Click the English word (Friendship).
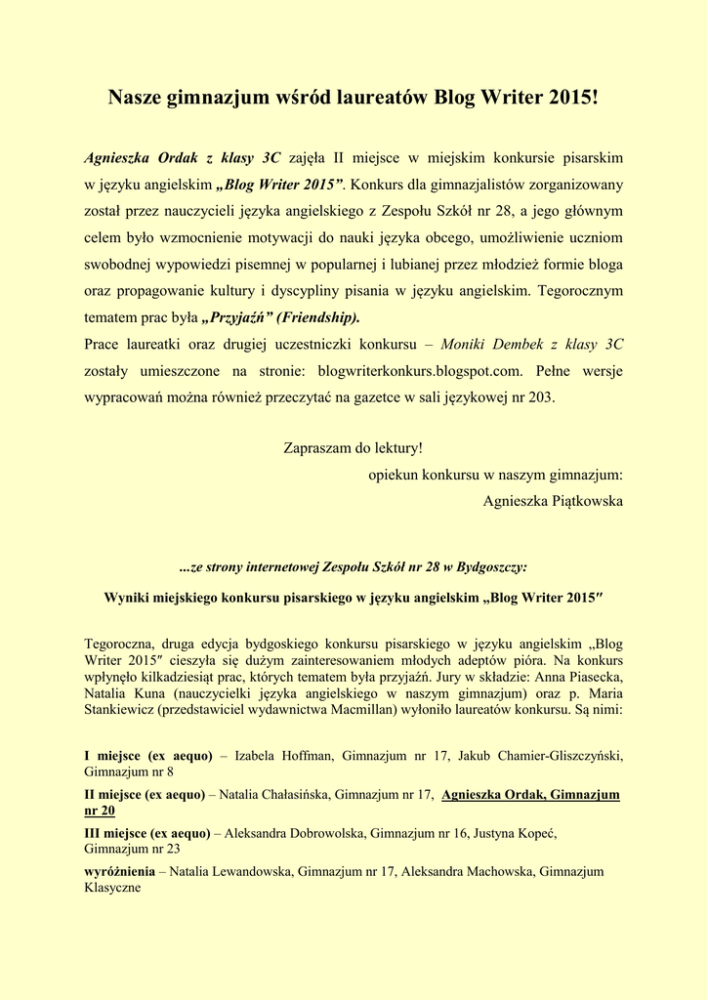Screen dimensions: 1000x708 [318, 316]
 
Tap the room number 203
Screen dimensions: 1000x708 [540, 396]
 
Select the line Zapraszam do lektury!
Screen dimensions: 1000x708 [354, 448]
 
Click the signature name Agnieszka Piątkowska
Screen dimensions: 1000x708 [553, 501]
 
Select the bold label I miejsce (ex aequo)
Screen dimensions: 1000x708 [148, 755]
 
